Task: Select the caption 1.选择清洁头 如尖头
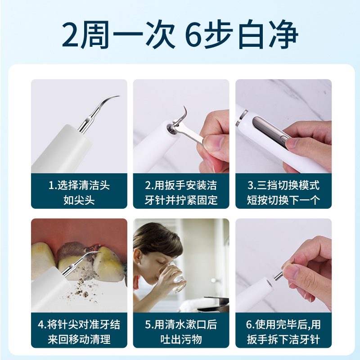(x=79, y=192)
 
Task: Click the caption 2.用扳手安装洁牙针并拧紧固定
(x=181, y=192)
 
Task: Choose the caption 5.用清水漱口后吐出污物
(x=181, y=332)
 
